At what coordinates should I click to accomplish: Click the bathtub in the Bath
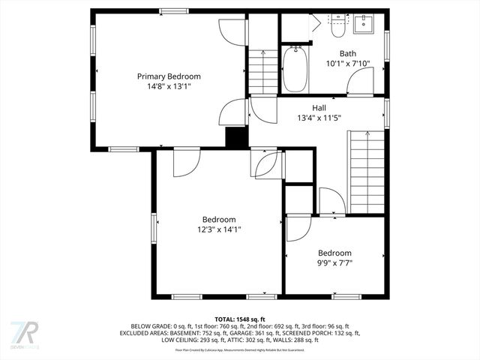(x=294, y=69)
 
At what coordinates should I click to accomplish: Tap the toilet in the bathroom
(x=338, y=25)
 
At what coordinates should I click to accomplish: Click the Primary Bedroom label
(x=169, y=76)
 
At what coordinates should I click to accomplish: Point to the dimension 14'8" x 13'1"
(x=169, y=86)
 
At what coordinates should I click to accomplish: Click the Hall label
(x=319, y=108)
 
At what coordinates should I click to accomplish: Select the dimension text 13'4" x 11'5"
(x=319, y=118)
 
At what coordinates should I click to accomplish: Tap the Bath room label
(x=348, y=53)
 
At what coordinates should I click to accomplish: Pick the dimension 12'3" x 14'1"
(x=219, y=229)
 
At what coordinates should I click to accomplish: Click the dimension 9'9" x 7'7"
(x=334, y=263)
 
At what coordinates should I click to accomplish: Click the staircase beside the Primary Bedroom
(x=263, y=71)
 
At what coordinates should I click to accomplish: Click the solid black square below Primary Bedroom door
(x=237, y=138)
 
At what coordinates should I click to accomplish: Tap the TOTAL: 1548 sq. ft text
(x=240, y=319)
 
